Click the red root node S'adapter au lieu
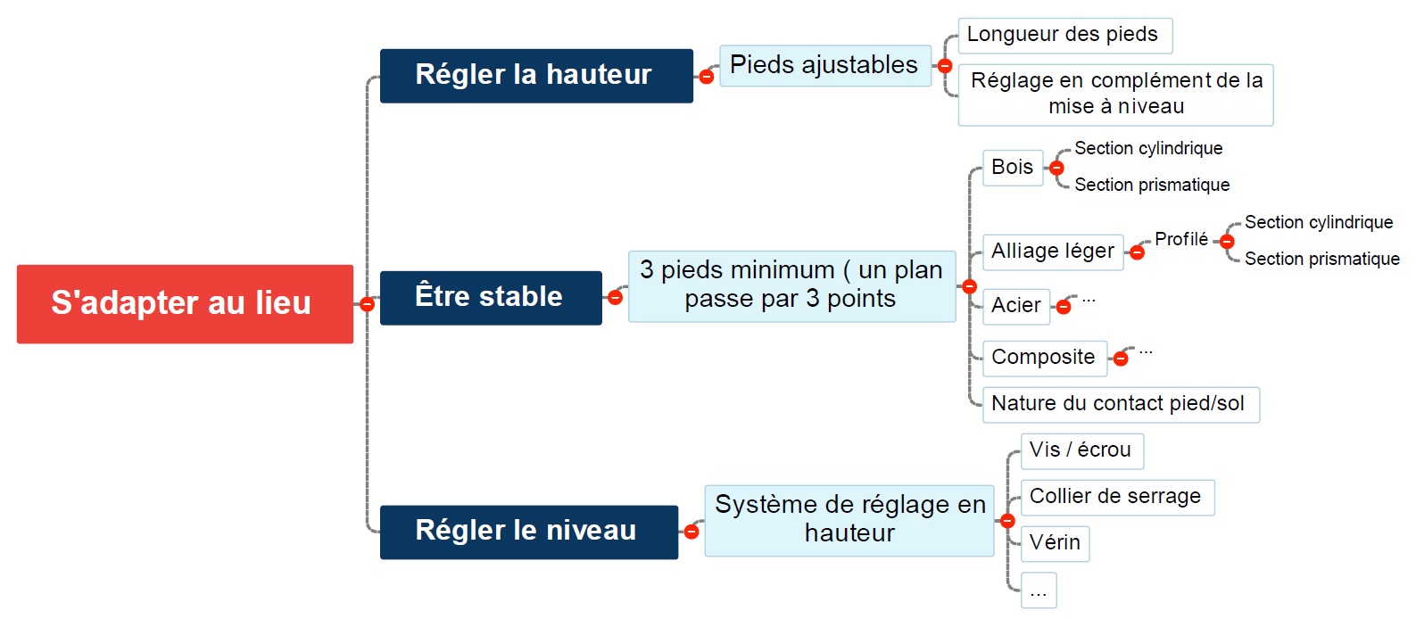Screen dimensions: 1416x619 tap(185, 304)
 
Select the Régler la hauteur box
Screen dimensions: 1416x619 tap(536, 76)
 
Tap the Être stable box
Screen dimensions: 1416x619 tap(491, 298)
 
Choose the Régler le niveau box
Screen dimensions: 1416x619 tap(528, 532)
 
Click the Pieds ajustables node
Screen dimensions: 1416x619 tap(825, 66)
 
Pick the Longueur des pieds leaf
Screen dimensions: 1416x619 tap(1065, 36)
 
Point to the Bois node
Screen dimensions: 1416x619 tap(1013, 168)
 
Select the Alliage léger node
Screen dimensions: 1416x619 tap(1053, 252)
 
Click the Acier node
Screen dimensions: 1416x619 tap(1016, 306)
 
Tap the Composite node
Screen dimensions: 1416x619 tap(1045, 359)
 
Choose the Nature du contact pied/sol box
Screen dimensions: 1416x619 tap(1121, 404)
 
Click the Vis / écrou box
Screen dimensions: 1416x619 tap(1082, 451)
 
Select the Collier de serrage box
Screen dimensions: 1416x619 tap(1118, 497)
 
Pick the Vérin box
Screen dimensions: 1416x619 tap(1055, 543)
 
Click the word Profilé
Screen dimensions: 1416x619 tap(1180, 239)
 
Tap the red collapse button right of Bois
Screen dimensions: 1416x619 tap(1056, 168)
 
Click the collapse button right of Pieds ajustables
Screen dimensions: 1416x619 tap(944, 66)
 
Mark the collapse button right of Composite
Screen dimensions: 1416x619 tap(1121, 359)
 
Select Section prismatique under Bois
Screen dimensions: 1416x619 tap(1152, 185)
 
